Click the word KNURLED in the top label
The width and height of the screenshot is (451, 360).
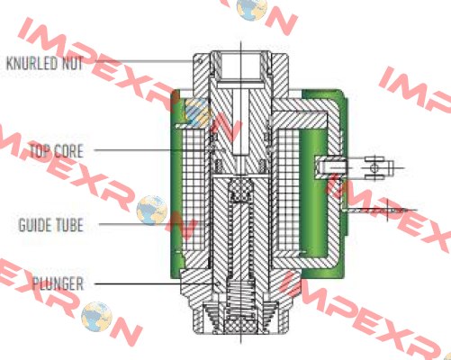click(32, 63)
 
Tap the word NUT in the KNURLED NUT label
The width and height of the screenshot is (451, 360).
click(72, 63)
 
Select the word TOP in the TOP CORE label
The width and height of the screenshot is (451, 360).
click(39, 151)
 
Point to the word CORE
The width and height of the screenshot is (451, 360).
click(68, 151)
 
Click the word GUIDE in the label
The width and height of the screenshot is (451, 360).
click(33, 225)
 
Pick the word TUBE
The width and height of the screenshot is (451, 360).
click(68, 225)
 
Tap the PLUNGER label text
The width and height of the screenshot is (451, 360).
click(59, 283)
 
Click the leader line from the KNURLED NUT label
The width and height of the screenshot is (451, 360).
click(144, 61)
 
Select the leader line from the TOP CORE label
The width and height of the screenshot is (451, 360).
click(158, 149)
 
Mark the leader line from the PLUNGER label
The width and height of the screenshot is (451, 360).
click(156, 283)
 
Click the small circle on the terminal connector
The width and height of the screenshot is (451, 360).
click(374, 167)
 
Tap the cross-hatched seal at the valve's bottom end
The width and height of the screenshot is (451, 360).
click(240, 325)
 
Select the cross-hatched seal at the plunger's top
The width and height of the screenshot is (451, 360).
click(241, 189)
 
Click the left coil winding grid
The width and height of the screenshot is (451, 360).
click(194, 190)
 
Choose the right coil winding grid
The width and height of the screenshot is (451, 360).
click(289, 190)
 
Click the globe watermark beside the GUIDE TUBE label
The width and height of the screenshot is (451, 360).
click(152, 210)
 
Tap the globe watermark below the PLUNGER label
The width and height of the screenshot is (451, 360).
click(96, 317)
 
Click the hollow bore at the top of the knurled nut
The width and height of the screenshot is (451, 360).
click(240, 65)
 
